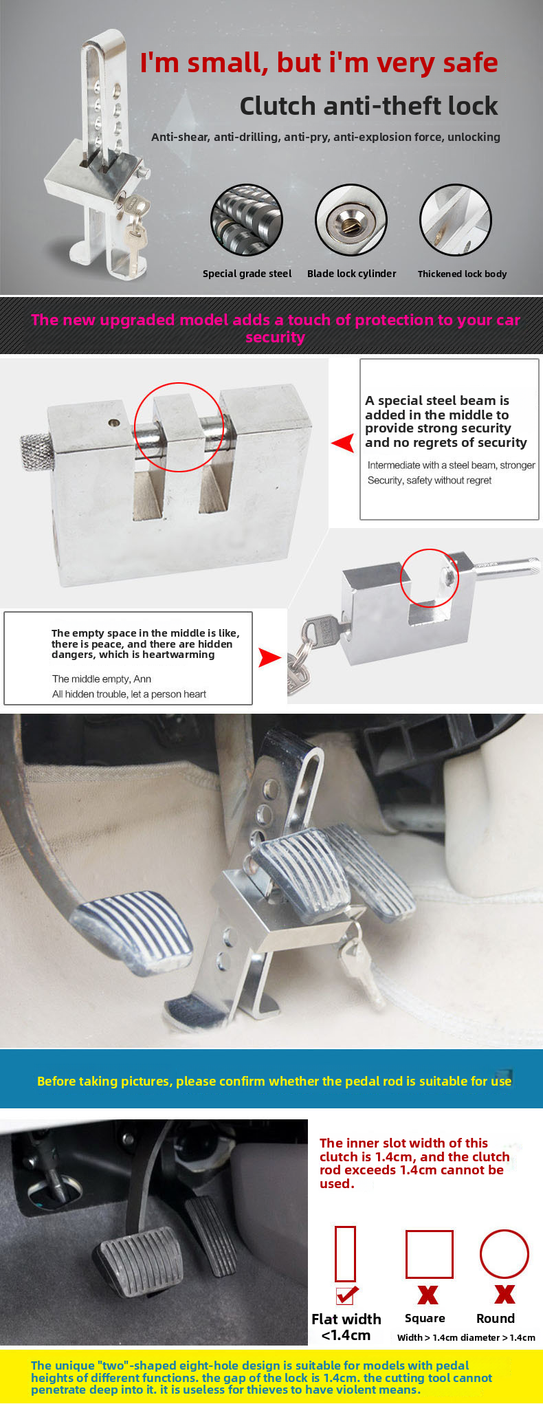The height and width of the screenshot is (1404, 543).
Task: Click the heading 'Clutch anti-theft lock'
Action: click(368, 106)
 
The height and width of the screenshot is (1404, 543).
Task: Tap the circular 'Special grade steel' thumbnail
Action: click(247, 220)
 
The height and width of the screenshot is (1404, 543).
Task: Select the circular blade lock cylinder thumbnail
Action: click(351, 220)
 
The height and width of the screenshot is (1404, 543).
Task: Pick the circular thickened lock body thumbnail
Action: click(456, 220)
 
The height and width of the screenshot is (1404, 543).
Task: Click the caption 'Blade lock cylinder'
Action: click(351, 274)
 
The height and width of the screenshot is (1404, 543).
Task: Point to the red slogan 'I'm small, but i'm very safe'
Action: click(318, 63)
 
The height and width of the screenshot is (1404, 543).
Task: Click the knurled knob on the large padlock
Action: click(36, 451)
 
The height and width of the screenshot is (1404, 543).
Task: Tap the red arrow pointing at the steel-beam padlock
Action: click(342, 443)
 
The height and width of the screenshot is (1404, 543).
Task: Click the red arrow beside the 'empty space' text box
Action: click(269, 657)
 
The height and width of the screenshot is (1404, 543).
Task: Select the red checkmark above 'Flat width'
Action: click(346, 1295)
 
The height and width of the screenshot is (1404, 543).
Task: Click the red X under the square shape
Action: click(428, 1295)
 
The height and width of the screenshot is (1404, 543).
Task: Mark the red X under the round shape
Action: click(505, 1295)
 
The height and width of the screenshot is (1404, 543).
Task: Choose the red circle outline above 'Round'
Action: click(504, 1254)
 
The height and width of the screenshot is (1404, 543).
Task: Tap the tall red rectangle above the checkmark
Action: click(345, 1253)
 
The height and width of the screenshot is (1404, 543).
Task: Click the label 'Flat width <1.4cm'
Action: click(346, 1327)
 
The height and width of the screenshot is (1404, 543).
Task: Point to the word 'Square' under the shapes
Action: click(425, 1318)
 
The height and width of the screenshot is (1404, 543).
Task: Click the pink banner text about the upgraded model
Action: click(275, 328)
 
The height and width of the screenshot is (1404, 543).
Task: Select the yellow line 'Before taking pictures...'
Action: click(274, 1081)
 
